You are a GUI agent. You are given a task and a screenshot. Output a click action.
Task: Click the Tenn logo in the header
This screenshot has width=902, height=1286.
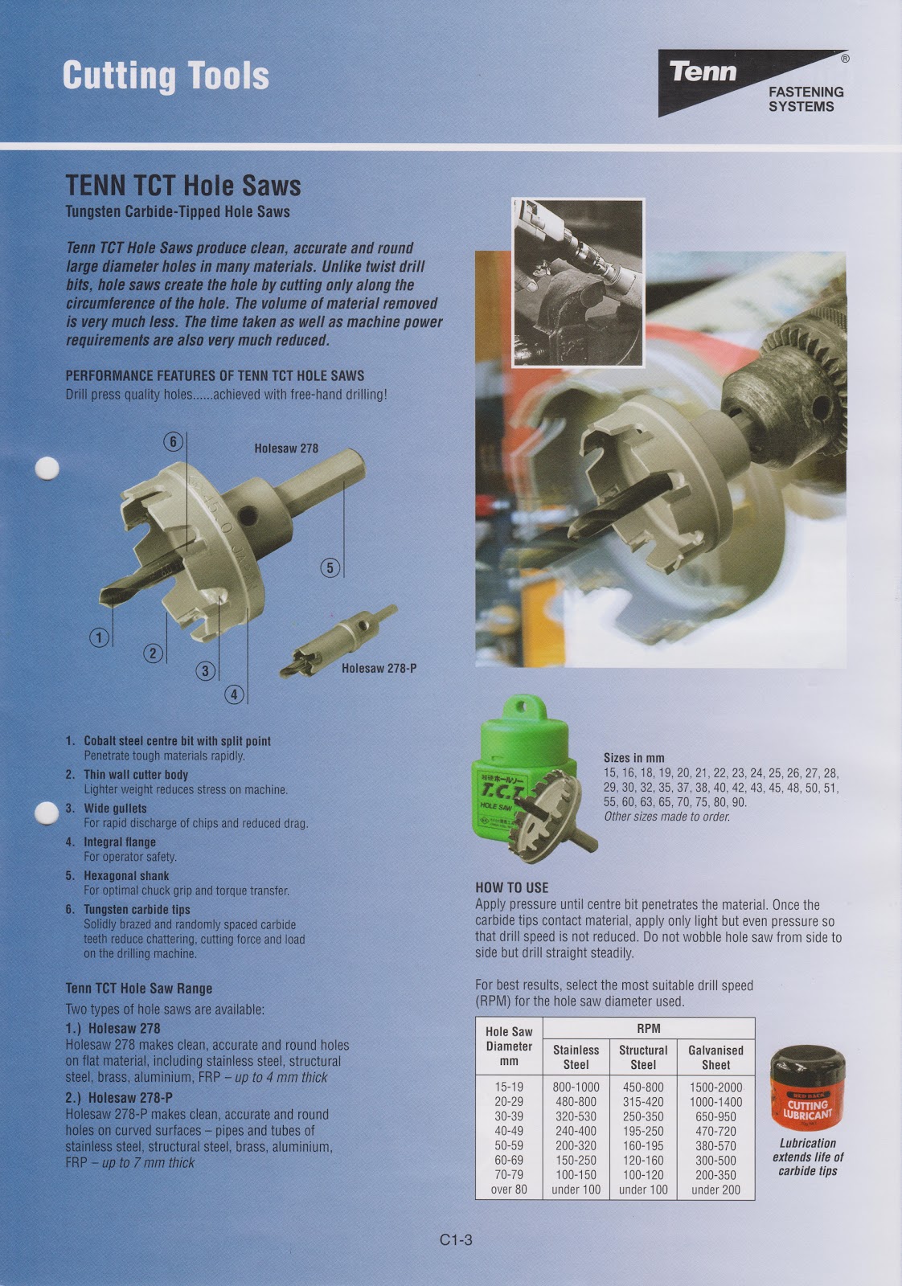(x=752, y=82)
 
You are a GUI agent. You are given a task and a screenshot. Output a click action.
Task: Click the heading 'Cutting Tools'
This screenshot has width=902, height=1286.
(x=166, y=76)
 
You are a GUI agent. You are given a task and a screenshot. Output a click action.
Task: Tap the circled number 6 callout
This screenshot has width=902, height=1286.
(x=173, y=441)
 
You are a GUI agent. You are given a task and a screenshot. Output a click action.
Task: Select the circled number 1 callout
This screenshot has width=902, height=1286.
(x=99, y=638)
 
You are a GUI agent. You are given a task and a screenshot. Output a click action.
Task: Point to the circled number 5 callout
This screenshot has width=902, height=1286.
(x=330, y=567)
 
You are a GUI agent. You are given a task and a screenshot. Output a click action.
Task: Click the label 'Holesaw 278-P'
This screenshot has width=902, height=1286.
(x=379, y=669)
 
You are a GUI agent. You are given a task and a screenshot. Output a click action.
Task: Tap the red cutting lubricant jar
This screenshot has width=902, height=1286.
(x=807, y=1089)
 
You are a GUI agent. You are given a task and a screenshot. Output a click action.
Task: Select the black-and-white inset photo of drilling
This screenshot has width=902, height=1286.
(x=578, y=282)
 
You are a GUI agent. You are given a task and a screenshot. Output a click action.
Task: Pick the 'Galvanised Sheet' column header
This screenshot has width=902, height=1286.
(x=715, y=1057)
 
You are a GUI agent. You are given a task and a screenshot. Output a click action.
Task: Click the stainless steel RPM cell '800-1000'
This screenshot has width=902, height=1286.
(x=576, y=1087)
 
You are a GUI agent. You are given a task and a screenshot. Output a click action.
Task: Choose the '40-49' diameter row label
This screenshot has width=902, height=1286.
(x=508, y=1131)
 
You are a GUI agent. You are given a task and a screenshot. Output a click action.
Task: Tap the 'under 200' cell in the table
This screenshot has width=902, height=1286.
(x=715, y=1190)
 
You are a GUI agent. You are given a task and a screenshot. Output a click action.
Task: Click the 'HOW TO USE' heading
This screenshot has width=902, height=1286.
(x=511, y=887)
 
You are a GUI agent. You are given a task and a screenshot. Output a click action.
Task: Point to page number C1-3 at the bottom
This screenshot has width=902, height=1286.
(x=456, y=1240)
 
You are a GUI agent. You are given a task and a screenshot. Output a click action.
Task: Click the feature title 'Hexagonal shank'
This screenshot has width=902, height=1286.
(x=126, y=876)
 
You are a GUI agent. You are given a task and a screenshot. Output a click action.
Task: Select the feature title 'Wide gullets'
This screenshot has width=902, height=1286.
(x=115, y=809)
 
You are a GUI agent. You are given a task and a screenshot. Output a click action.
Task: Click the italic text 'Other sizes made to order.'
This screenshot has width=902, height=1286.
(x=666, y=817)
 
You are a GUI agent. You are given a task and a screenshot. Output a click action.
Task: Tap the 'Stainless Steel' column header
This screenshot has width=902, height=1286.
(x=576, y=1057)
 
